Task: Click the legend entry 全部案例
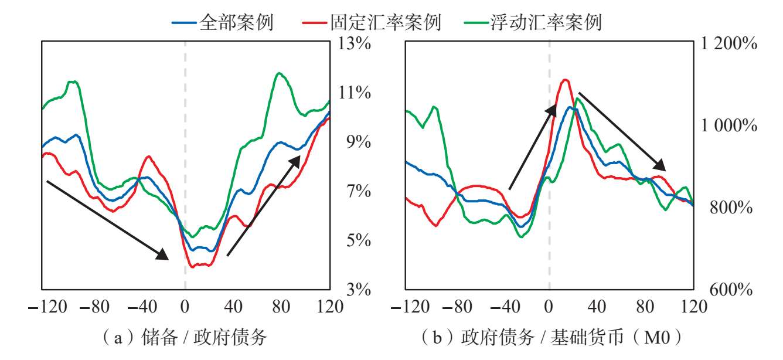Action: coord(222,22)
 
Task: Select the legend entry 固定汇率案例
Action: coord(371,22)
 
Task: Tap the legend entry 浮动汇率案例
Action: coord(533,22)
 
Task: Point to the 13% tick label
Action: coord(354,43)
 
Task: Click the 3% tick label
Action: coord(358,290)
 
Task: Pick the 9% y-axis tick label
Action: coord(358,142)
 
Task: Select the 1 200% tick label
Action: coord(729,43)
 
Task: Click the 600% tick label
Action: coord(731,290)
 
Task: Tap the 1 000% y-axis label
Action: coord(729,125)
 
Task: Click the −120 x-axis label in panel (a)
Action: coord(47,307)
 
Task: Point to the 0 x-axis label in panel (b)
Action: coord(549,307)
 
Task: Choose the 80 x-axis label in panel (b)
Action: coord(645,307)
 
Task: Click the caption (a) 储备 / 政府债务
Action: coord(185,338)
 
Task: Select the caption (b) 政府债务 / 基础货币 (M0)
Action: coord(551,338)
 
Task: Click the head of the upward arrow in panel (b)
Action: coord(556,104)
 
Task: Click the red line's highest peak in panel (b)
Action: coord(565,80)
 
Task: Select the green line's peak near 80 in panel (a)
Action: coord(278,73)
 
